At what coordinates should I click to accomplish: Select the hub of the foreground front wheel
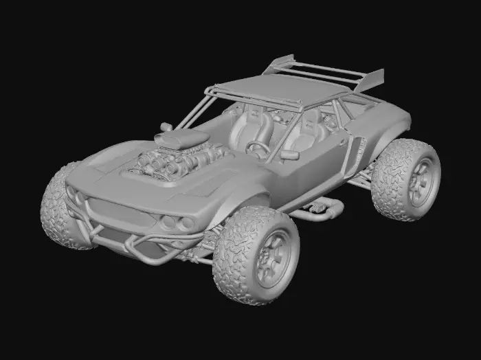pos(272,256)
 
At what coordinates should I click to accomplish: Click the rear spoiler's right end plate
pos(372,80)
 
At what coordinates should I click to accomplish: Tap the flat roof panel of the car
pos(282,89)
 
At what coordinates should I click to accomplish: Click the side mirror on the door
pos(290,155)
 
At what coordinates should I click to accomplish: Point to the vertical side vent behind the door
pos(357,151)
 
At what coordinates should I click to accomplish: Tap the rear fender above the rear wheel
pos(392,124)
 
